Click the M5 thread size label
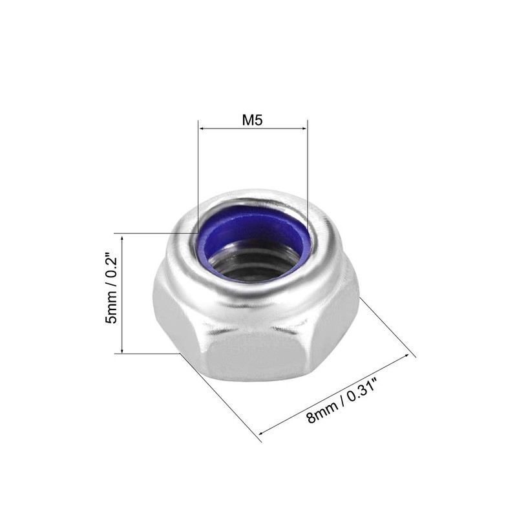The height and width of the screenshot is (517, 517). point(253,120)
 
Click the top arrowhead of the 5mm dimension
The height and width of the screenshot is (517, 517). point(121,237)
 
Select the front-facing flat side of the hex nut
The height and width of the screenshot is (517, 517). point(255,355)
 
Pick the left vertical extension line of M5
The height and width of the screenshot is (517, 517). point(198,174)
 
